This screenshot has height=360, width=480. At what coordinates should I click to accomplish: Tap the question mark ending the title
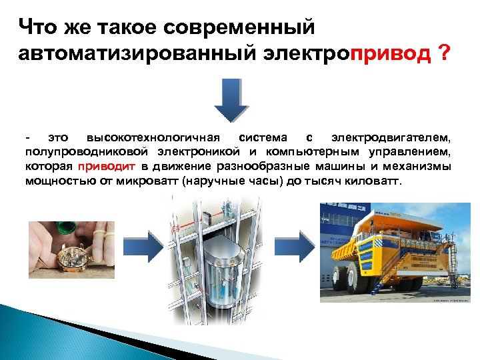click(x=445, y=53)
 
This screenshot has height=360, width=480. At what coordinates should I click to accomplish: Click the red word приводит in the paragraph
click(x=106, y=166)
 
